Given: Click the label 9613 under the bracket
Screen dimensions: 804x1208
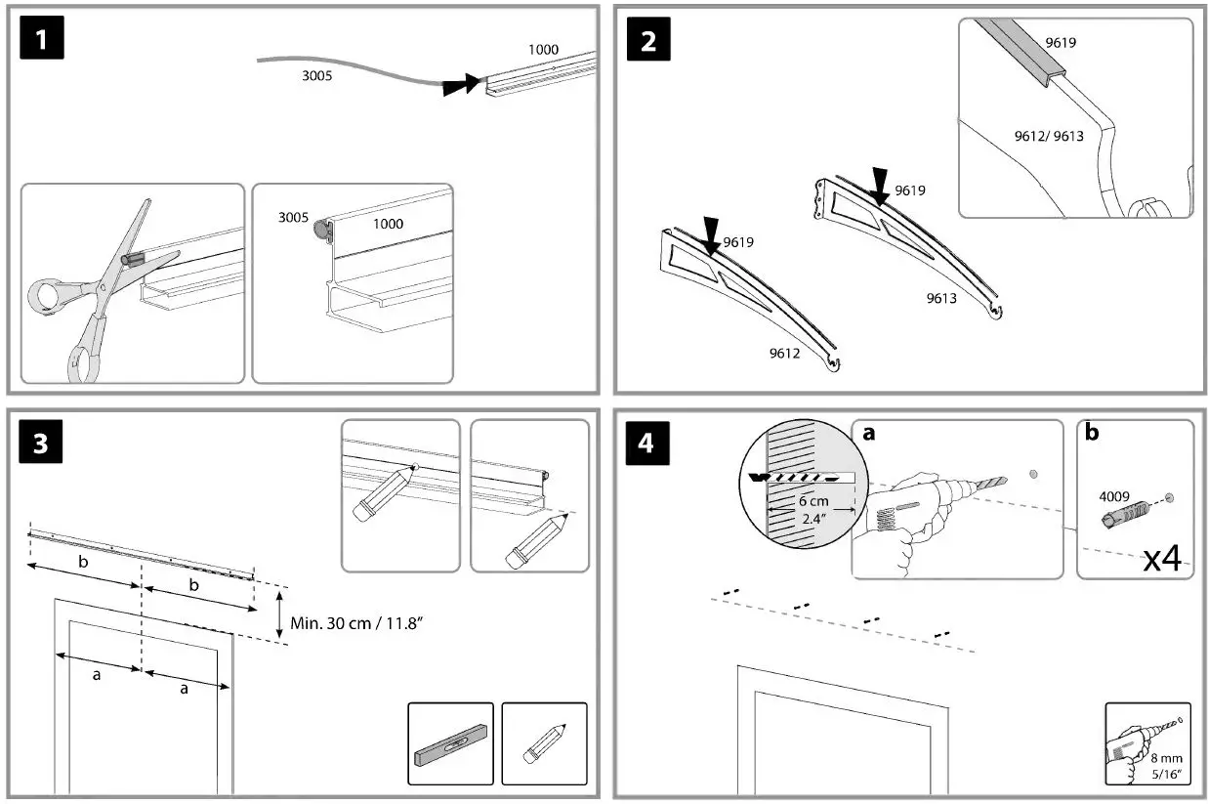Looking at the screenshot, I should [x=941, y=299].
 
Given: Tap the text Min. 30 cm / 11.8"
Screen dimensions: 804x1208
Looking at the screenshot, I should [x=356, y=621].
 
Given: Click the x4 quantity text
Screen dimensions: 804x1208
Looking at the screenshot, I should [x=1162, y=558].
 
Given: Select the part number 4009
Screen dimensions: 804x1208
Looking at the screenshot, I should [x=1115, y=494].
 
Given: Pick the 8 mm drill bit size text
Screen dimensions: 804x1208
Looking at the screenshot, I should [x=1162, y=759].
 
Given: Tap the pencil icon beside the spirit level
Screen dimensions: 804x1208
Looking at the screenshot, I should [x=544, y=744].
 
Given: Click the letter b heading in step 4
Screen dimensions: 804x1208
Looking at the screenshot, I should [x=1090, y=431].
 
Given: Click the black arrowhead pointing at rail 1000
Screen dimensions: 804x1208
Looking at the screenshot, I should [x=459, y=85].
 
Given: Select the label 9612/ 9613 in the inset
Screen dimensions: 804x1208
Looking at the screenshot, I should [x=1048, y=136].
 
